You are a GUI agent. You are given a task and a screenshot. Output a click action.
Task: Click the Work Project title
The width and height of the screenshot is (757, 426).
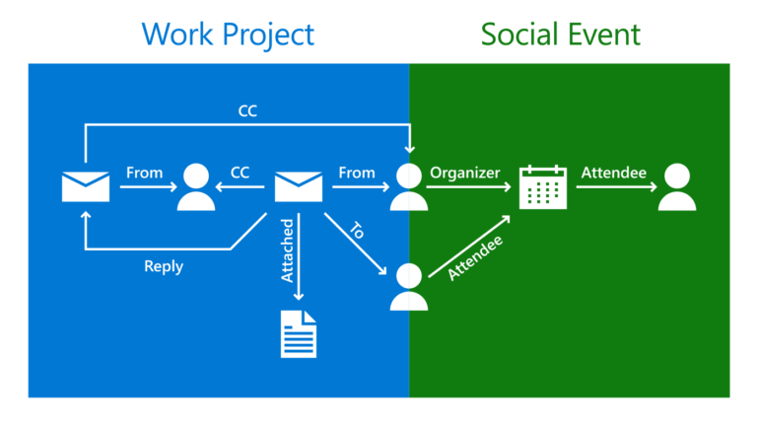pyautogui.click(x=228, y=34)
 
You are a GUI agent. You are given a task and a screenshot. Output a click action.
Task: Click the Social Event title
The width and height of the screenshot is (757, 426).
pyautogui.click(x=561, y=34)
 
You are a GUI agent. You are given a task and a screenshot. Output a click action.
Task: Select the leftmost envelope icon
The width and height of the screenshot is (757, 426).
pyautogui.click(x=86, y=186)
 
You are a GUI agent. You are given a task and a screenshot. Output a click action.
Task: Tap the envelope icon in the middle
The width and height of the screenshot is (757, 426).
pyautogui.click(x=299, y=186)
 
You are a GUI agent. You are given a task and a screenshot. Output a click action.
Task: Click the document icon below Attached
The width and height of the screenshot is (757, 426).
pyautogui.click(x=299, y=333)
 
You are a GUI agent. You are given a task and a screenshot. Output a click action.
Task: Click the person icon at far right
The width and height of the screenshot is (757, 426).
pyautogui.click(x=677, y=187)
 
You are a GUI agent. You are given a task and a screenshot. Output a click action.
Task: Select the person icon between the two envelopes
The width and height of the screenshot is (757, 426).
pyautogui.click(x=196, y=187)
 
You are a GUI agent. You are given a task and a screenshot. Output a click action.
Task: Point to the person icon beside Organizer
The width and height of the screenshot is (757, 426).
pyautogui.click(x=407, y=187)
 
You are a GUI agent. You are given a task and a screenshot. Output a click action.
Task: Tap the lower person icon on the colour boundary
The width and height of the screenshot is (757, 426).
pyautogui.click(x=408, y=287)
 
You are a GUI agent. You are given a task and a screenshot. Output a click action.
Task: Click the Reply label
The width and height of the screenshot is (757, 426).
pyautogui.click(x=164, y=266)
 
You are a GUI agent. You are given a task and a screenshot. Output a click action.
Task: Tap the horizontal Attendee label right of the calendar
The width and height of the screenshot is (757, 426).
pyautogui.click(x=613, y=173)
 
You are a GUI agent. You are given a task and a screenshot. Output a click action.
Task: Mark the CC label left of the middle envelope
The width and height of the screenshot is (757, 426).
pyautogui.click(x=240, y=173)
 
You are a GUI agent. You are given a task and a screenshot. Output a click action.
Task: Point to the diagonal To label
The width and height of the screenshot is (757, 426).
pyautogui.click(x=358, y=231)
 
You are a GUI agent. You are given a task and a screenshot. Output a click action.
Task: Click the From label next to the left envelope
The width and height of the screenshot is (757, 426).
pyautogui.click(x=144, y=173)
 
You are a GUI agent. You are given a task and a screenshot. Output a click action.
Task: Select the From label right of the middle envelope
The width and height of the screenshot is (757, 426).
pyautogui.click(x=357, y=173)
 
